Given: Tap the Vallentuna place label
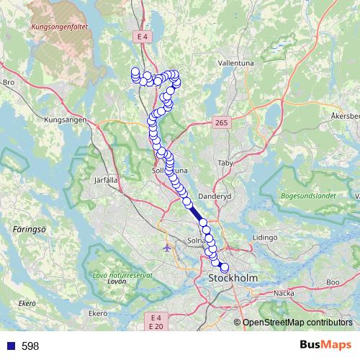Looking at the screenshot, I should pos(235,63).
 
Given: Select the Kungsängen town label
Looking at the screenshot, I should pos(66,120).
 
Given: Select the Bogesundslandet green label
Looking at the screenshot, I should pos(307,195).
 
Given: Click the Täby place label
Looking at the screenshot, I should pos(226,163).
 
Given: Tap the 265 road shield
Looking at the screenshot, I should pos(221,125).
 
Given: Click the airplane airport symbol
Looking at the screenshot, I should pos(168,248).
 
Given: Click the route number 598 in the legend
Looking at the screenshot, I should pos(30,346).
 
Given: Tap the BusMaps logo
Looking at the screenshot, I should pos(325,346).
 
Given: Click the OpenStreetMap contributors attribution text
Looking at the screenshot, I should pos(297,323).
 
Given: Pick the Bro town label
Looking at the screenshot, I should pos(9,83).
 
